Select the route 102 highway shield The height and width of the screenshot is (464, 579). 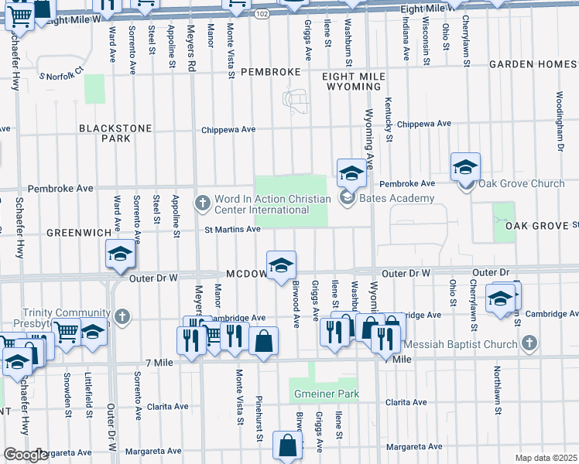click(x=262, y=14)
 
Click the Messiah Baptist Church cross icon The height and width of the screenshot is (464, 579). click(x=529, y=342)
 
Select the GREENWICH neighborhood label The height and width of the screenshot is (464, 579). click(x=74, y=232)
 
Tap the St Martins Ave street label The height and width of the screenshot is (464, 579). click(x=232, y=229)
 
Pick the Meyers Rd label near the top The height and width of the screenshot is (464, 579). click(x=190, y=46)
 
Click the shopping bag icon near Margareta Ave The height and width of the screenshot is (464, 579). click(x=288, y=446)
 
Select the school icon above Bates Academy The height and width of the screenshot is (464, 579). click(x=351, y=172)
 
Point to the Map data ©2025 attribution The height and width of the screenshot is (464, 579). click(x=545, y=458)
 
